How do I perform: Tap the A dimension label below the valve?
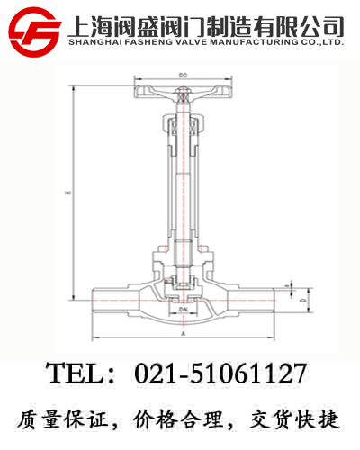184,333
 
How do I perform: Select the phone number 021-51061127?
220,373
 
